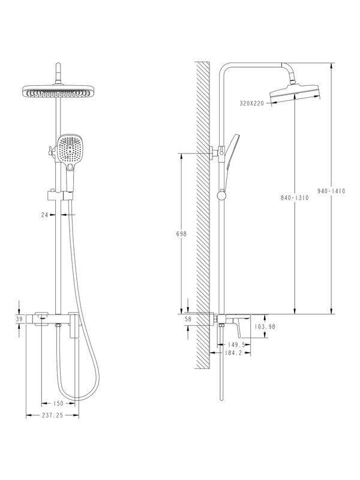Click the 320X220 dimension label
[252, 104]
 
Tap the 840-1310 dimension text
[294, 198]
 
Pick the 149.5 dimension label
[238, 344]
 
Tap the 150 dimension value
[58, 404]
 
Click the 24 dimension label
[44, 214]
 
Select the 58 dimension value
[188, 319]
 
